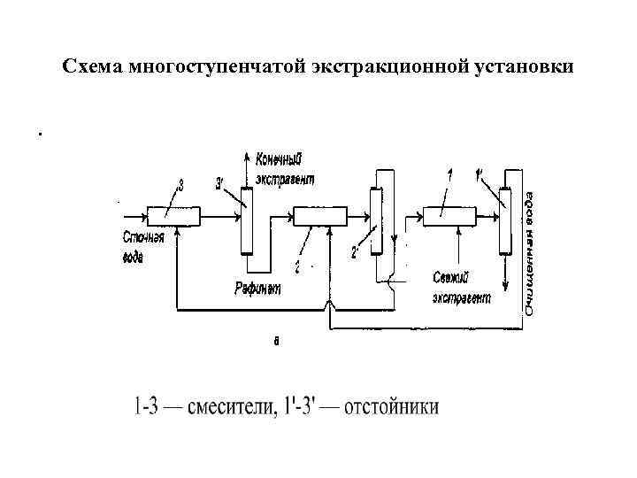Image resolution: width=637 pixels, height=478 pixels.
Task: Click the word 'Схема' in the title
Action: click(x=94, y=67)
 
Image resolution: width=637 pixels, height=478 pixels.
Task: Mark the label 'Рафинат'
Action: click(x=257, y=288)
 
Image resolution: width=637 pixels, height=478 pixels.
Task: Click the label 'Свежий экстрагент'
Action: click(x=460, y=287)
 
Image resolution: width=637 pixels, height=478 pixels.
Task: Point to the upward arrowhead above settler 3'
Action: click(x=247, y=156)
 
